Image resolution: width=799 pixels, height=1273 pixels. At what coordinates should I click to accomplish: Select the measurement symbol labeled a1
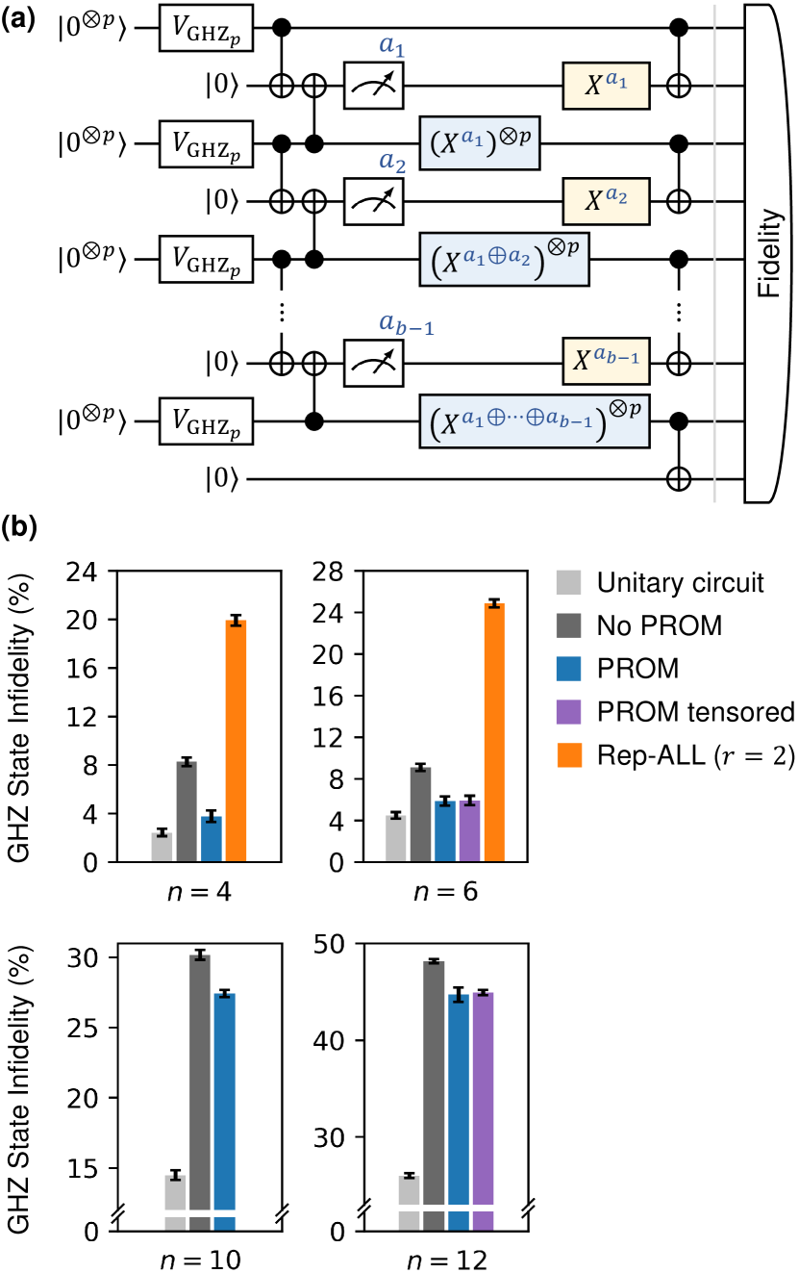point(375,87)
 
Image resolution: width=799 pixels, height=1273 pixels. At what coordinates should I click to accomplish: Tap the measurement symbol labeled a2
point(375,201)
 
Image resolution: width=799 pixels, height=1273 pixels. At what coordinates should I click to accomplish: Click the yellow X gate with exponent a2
point(606,201)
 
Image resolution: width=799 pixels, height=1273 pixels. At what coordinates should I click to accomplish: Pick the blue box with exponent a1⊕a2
point(504,260)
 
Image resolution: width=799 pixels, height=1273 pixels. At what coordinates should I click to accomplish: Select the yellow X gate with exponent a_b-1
point(606,363)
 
